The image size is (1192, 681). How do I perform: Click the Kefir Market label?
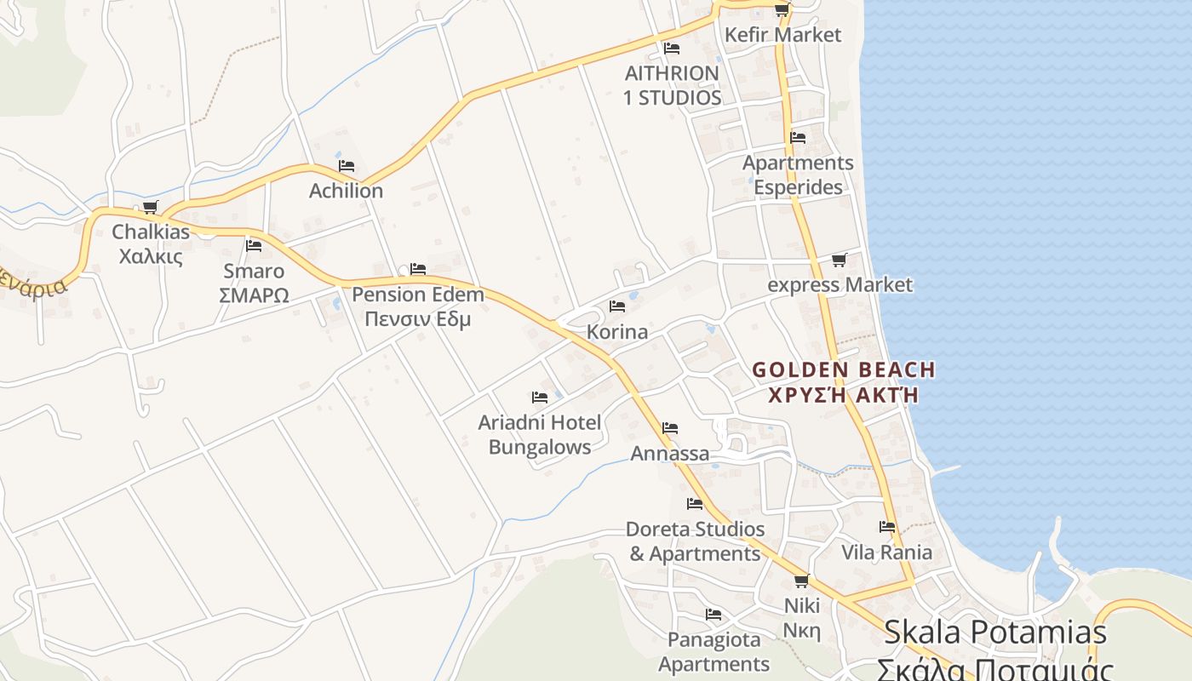tap(782, 35)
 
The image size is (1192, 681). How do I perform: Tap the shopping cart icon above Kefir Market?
tap(782, 10)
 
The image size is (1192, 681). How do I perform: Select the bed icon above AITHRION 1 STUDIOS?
tap(672, 49)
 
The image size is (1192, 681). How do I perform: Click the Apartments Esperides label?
tap(798, 175)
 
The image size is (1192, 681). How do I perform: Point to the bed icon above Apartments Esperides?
tap(798, 137)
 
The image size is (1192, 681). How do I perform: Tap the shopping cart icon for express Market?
tap(839, 260)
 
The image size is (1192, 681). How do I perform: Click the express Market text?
tap(840, 284)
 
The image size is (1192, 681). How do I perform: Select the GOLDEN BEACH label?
tap(844, 370)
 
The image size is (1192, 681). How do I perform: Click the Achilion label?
tap(346, 191)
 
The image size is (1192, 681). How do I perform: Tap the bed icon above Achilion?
tap(346, 165)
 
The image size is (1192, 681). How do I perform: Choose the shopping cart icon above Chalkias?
tap(151, 207)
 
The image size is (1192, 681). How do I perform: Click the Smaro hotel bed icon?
tap(254, 246)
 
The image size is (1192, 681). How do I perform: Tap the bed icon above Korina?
tap(617, 306)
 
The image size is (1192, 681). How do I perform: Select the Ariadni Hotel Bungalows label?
tap(540, 434)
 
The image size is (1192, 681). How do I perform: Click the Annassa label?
tap(669, 454)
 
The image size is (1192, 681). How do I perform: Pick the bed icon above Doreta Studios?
tap(695, 504)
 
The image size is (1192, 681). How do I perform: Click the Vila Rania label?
tap(886, 552)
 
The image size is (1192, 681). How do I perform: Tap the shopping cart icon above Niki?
tap(801, 581)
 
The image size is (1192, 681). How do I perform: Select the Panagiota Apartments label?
tap(713, 651)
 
